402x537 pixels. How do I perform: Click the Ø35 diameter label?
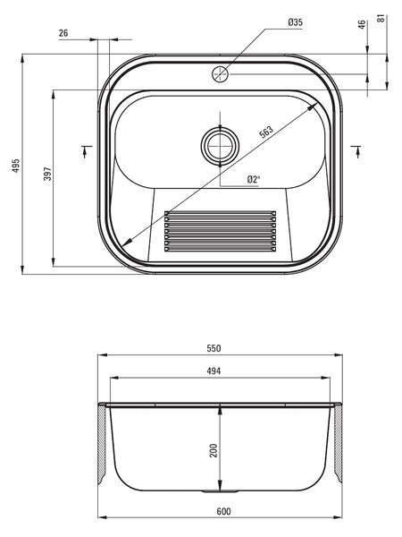295,22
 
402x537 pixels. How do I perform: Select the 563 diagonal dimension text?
266,132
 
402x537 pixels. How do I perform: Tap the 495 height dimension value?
16,166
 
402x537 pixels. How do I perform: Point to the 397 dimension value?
47,174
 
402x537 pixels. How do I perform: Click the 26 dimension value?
63,33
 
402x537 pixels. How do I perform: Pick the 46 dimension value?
362,25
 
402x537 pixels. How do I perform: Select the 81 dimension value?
381,18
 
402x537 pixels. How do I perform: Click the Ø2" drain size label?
254,179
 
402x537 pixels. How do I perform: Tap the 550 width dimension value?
214,348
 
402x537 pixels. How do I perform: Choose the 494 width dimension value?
214,371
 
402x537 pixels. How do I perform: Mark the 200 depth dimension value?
214,451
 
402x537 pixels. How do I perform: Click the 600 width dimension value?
223,511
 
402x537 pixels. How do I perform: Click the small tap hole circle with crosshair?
220,74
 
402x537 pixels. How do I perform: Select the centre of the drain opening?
220,146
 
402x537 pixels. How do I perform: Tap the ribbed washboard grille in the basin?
220,231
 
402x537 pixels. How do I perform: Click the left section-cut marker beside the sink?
86,150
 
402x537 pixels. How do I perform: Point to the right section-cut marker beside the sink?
356,150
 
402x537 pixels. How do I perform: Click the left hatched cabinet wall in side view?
102,444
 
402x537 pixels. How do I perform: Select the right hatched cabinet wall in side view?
338,444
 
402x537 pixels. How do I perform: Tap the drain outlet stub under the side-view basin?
220,491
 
